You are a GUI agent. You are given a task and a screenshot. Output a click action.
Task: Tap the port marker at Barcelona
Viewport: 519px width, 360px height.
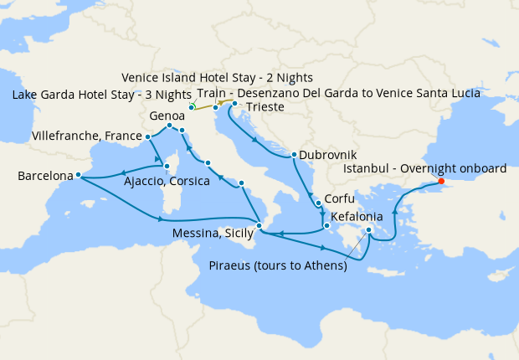pyautogui.click(x=78, y=175)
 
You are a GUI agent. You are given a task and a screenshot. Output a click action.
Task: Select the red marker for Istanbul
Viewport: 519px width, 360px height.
pyautogui.click(x=441, y=182)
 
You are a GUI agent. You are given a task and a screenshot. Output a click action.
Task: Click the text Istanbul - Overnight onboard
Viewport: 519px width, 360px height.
pyautogui.click(x=425, y=168)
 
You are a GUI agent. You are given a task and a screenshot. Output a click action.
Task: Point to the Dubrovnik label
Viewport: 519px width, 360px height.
pyautogui.click(x=328, y=155)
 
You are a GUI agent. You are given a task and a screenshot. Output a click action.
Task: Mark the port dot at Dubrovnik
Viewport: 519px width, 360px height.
pyautogui.click(x=294, y=155)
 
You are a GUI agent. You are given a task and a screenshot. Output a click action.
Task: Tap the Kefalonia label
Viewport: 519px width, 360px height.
pyautogui.click(x=358, y=216)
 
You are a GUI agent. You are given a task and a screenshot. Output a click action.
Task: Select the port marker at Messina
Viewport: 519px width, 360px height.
pyautogui.click(x=259, y=226)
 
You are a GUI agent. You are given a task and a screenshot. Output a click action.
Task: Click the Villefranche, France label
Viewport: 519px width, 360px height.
pyautogui.click(x=85, y=135)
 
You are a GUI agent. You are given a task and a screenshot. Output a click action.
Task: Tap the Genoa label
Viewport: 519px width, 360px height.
pyautogui.click(x=167, y=116)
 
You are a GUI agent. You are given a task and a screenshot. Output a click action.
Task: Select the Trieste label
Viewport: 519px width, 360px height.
pyautogui.click(x=265, y=108)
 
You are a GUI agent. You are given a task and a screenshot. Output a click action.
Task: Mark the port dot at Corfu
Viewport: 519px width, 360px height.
pyautogui.click(x=318, y=203)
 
